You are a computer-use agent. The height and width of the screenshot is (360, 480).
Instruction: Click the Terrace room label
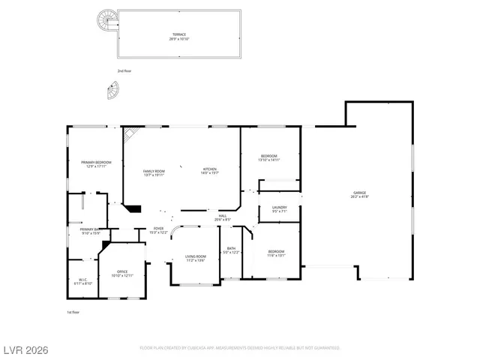tap(180, 35)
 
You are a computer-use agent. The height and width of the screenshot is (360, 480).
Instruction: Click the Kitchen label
tap(209, 172)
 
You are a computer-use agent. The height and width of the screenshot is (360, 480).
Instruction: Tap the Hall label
tap(223, 217)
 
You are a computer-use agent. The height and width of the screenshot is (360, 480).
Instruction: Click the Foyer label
tap(158, 229)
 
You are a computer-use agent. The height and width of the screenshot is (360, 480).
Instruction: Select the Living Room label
tap(196, 259)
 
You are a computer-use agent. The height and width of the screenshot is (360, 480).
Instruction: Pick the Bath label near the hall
tap(231, 250)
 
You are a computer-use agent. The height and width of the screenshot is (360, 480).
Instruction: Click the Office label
tap(122, 274)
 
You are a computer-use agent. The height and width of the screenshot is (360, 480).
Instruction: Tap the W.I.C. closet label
tap(83, 282)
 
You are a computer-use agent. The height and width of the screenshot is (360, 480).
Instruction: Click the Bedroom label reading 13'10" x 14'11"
tap(268, 157)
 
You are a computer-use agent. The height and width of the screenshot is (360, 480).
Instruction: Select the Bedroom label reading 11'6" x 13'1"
tap(276, 253)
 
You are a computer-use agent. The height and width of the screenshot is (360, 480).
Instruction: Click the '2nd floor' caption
tap(124, 70)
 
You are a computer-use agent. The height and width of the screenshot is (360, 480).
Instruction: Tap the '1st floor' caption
tap(73, 311)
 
